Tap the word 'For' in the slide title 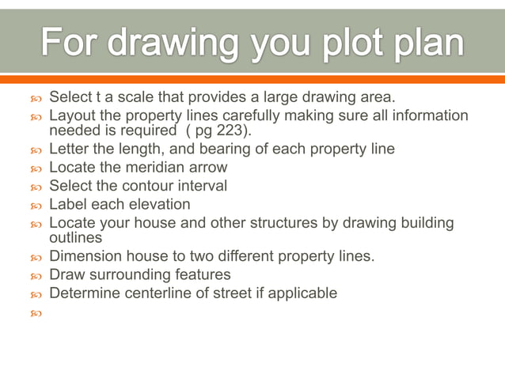pos(70,42)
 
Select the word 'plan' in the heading pos(423,42)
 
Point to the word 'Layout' pos(73,116)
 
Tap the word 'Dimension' pos(84,255)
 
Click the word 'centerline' pos(156,293)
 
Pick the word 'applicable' pos(302,293)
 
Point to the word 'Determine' pos(82,293)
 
